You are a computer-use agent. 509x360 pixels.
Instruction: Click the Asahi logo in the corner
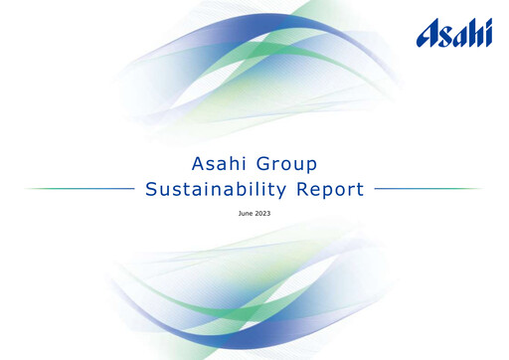coord(454,35)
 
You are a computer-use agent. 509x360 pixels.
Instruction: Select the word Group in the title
coord(291,163)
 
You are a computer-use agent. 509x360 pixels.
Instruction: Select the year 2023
coord(266,213)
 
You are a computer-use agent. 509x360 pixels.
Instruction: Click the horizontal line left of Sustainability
coord(80,188)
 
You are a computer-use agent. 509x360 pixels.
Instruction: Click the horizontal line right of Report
coord(428,188)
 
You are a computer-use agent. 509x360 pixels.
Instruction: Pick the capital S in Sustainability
coord(151,189)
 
